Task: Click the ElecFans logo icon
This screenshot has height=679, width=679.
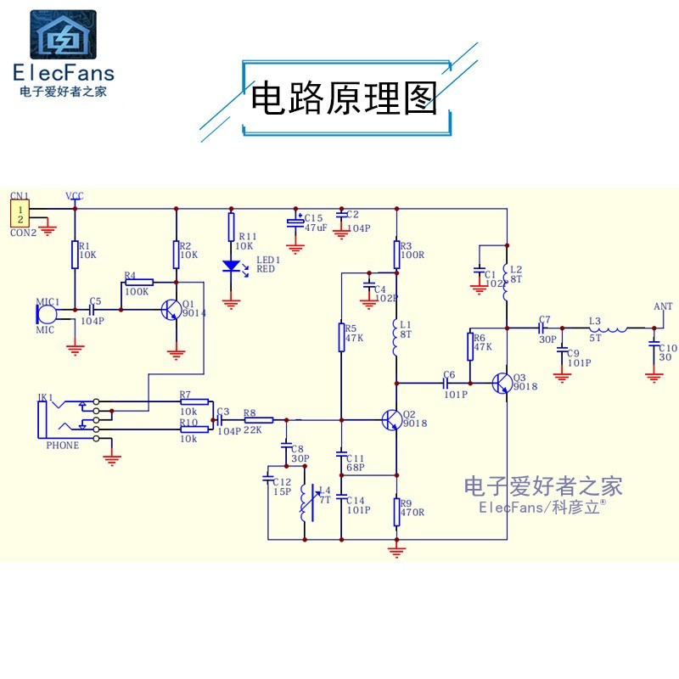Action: coord(64,36)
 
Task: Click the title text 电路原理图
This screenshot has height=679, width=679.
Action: coord(344,98)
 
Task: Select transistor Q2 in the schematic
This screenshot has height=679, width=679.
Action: coord(392,419)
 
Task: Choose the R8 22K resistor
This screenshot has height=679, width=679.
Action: coord(259,419)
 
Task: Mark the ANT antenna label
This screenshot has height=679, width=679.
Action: coord(663,306)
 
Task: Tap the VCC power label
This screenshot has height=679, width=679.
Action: coord(75,196)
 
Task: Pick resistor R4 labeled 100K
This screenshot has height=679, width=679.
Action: coord(138,282)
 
